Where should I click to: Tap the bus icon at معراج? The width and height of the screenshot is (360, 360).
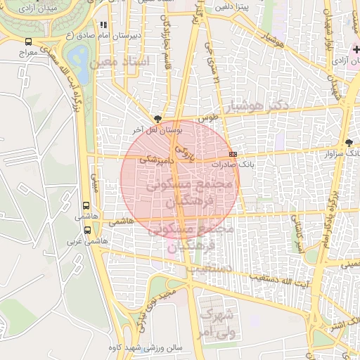28,41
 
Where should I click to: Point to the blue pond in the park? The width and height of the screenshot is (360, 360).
79,58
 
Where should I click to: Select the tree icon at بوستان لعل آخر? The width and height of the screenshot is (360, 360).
157,119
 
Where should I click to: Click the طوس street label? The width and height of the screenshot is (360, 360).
205,119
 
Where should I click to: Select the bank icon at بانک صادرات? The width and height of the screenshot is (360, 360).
233,154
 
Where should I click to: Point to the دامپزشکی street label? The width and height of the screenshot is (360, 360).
154,160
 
